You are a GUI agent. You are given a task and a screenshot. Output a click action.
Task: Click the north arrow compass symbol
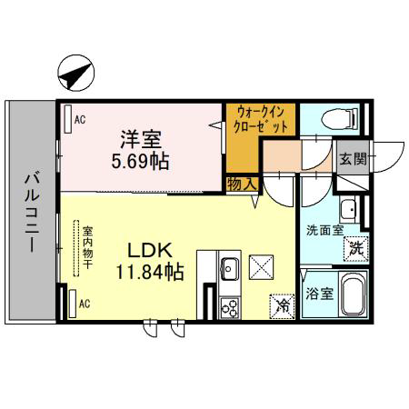(76, 73)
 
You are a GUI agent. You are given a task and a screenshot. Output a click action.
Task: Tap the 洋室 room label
(141, 139)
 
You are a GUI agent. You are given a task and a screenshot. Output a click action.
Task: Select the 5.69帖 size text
(140, 161)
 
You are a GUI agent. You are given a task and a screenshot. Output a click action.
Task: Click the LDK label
(150, 250)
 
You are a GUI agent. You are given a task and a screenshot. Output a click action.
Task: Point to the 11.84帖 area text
(150, 272)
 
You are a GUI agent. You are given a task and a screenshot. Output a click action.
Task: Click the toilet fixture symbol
(340, 119)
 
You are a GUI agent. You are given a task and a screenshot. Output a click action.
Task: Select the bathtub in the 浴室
(354, 294)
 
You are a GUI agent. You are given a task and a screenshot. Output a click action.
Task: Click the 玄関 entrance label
(353, 158)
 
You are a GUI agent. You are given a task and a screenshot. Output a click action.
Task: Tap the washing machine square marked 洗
(356, 249)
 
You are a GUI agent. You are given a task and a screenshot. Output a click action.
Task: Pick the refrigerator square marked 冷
(282, 306)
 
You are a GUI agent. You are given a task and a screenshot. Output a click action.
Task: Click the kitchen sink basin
(230, 268)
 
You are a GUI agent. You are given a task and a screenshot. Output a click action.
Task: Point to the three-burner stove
(230, 308)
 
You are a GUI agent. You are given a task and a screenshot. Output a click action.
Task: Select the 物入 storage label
(242, 185)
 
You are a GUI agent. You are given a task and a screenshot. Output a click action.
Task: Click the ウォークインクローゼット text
(261, 119)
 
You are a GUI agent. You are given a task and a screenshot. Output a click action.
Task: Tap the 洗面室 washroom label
(324, 231)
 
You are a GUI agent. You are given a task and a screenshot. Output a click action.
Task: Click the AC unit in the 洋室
(68, 119)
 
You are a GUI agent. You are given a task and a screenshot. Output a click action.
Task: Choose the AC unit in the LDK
(73, 304)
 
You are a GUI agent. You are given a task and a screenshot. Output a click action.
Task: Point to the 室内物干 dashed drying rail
(76, 248)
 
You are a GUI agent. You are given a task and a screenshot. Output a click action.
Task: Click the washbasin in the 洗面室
(347, 209)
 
